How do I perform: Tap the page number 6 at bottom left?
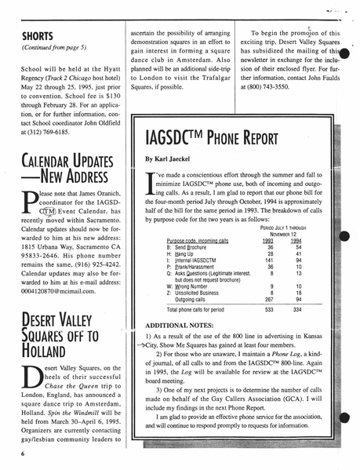pos(24,454)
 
